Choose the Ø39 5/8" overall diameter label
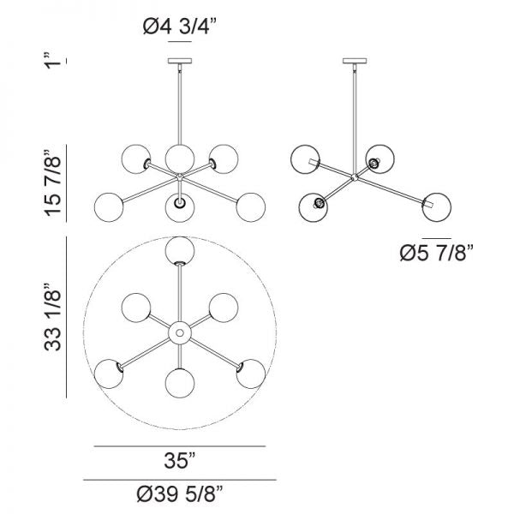click(180, 493)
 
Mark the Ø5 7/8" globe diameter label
click(437, 253)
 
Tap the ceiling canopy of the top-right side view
click(352, 60)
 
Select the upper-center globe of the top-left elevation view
click(179, 157)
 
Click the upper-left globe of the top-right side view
click(306, 160)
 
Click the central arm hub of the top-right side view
click(353, 178)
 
